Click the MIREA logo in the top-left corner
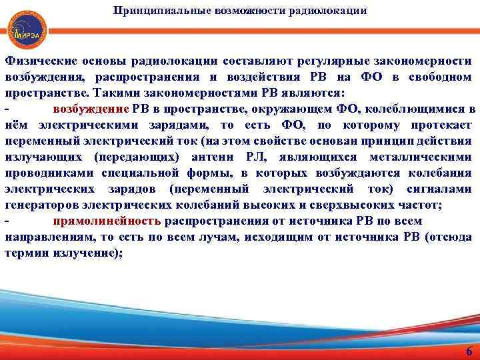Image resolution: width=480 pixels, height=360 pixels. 24,29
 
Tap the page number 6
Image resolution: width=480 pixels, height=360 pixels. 468,352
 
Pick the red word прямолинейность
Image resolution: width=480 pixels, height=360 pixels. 107,221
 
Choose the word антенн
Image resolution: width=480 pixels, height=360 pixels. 214,157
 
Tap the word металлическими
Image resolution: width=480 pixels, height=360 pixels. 420,157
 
